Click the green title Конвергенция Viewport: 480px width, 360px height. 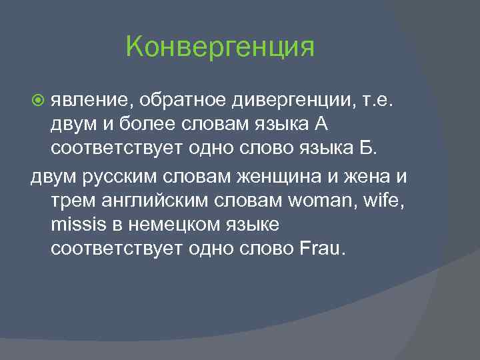point(219,48)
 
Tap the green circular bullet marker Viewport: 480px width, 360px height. point(38,100)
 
